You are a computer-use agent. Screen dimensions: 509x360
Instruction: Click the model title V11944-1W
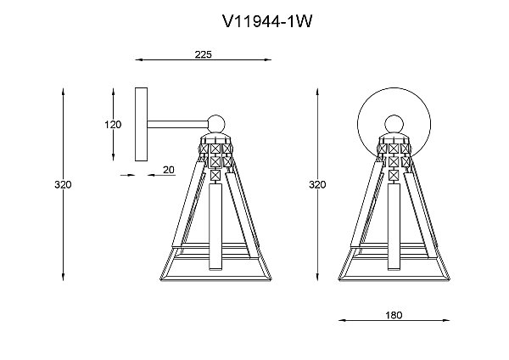[x=267, y=22]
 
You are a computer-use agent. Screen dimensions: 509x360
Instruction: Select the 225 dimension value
[x=204, y=54]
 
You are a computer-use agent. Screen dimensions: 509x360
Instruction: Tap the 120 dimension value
[x=113, y=125]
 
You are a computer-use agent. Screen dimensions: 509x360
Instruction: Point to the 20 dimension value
[x=169, y=170]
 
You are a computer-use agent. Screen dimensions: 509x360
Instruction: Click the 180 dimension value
[x=394, y=315]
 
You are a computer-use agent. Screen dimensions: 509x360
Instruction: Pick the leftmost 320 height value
[x=63, y=184]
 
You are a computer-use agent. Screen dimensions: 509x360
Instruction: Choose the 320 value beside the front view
[x=317, y=184]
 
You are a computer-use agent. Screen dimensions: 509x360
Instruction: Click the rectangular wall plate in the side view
[x=141, y=124]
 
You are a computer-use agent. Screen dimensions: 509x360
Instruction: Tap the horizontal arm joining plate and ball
[x=178, y=125]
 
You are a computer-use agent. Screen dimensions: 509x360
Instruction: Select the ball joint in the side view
[x=216, y=124]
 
